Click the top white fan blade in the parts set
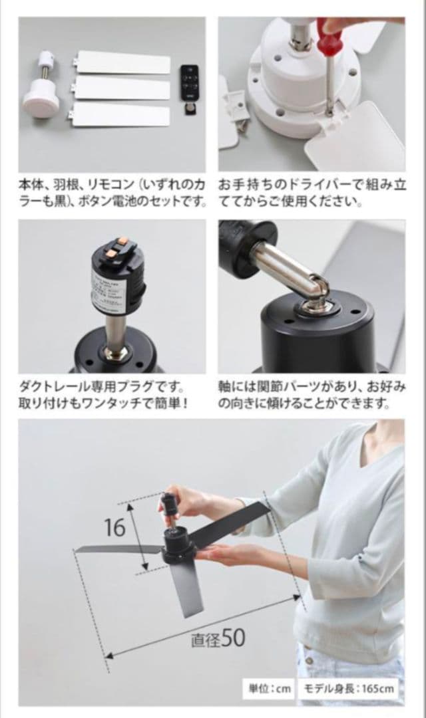pyautogui.click(x=123, y=62)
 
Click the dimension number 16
pyautogui.click(x=114, y=527)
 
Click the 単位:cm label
pyautogui.click(x=270, y=689)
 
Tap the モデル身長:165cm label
pyautogui.click(x=350, y=689)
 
